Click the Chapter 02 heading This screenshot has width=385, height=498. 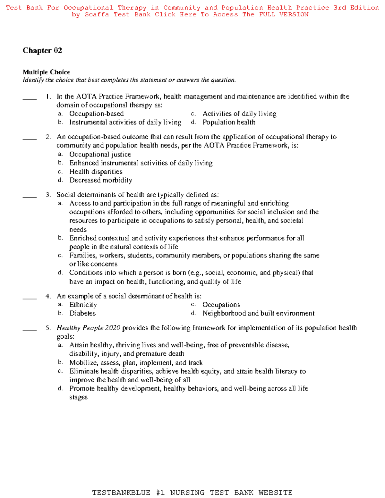click(42, 50)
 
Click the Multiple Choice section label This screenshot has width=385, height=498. click(46, 72)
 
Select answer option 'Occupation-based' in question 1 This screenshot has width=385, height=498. click(96, 114)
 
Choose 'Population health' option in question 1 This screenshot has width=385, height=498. click(229, 122)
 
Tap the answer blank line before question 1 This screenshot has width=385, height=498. click(30, 99)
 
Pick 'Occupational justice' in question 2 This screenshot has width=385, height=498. click(100, 154)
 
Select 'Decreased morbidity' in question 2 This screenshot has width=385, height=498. click(100, 180)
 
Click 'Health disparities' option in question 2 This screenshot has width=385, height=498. click(96, 172)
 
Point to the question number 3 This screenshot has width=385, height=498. click(48, 195)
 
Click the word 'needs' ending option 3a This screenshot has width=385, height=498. click(78, 230)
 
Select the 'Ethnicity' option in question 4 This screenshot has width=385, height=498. click(83, 305)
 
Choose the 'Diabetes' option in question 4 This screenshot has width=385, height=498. click(82, 313)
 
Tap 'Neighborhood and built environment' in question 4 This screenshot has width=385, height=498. click(258, 313)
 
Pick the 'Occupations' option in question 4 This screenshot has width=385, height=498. click(221, 305)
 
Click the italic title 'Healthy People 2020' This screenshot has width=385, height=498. click(88, 328)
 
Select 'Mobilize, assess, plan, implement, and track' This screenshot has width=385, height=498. click(136, 363)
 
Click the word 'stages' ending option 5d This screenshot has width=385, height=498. click(78, 397)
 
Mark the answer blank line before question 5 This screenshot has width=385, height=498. click(30, 330)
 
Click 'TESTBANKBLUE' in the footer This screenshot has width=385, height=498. click(121, 493)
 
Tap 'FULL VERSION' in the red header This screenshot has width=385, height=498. click(284, 14)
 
